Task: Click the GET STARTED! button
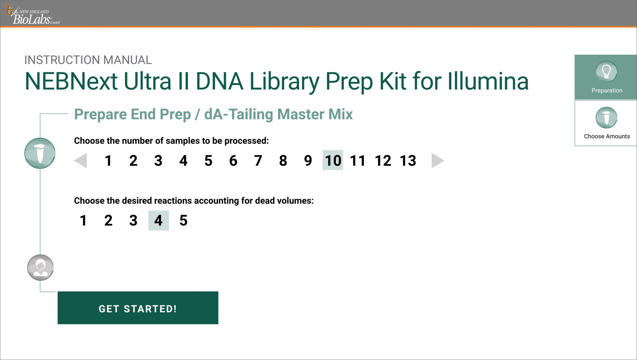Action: (138, 308)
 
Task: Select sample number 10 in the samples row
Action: (333, 160)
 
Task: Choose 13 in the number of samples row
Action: (408, 161)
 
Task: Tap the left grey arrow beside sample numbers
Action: (81, 161)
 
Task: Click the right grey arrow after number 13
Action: (437, 161)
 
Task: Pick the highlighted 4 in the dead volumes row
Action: (158, 221)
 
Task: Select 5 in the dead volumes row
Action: (184, 221)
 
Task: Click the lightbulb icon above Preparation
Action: (606, 72)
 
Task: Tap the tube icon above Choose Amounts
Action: (606, 118)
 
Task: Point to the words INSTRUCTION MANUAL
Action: (88, 60)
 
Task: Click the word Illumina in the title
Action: (488, 81)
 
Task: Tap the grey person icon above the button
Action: (40, 268)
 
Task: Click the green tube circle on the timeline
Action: (40, 153)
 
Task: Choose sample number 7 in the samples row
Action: (258, 161)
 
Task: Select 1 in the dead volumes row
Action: (83, 221)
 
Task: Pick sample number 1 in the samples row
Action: (108, 161)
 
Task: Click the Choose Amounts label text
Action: (607, 136)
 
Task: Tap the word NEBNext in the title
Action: (71, 81)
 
